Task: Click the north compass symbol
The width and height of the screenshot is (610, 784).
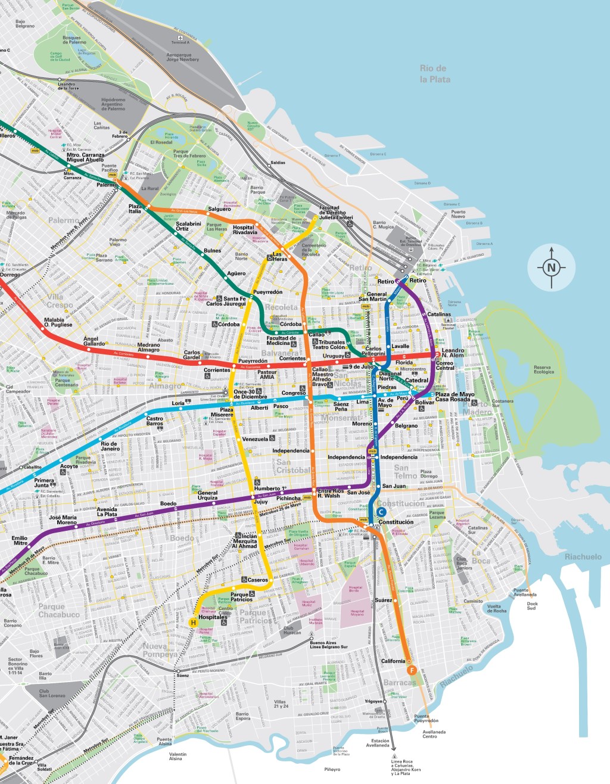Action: pos(551,267)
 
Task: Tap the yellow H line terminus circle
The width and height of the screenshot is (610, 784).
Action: pos(193,623)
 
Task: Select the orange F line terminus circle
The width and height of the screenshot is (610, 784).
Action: pos(411,671)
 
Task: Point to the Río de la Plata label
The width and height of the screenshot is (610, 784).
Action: pos(434,74)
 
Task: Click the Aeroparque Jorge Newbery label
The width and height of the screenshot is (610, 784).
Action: pos(182,57)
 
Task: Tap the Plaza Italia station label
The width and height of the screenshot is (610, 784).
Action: pos(135,209)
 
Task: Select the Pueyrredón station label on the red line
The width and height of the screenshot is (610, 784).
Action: pos(253,361)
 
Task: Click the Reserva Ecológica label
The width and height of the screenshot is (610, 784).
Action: pos(543,370)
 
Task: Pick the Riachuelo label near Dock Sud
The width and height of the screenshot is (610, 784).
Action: pos(583,556)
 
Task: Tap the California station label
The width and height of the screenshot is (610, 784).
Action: pos(393,661)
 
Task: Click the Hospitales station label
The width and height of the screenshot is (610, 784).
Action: pos(213,617)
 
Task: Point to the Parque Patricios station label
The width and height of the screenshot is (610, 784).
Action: pos(241,597)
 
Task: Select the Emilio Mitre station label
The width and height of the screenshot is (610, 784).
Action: pos(20,540)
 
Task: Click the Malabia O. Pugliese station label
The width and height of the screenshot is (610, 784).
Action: pos(58,322)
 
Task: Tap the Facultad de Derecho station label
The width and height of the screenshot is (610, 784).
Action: pos(336,213)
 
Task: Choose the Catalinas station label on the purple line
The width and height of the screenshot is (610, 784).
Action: pos(439,314)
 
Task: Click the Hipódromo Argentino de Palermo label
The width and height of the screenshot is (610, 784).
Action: pos(113,104)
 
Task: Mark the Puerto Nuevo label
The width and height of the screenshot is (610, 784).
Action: pos(458,214)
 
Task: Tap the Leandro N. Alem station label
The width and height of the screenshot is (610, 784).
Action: pos(453,353)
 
